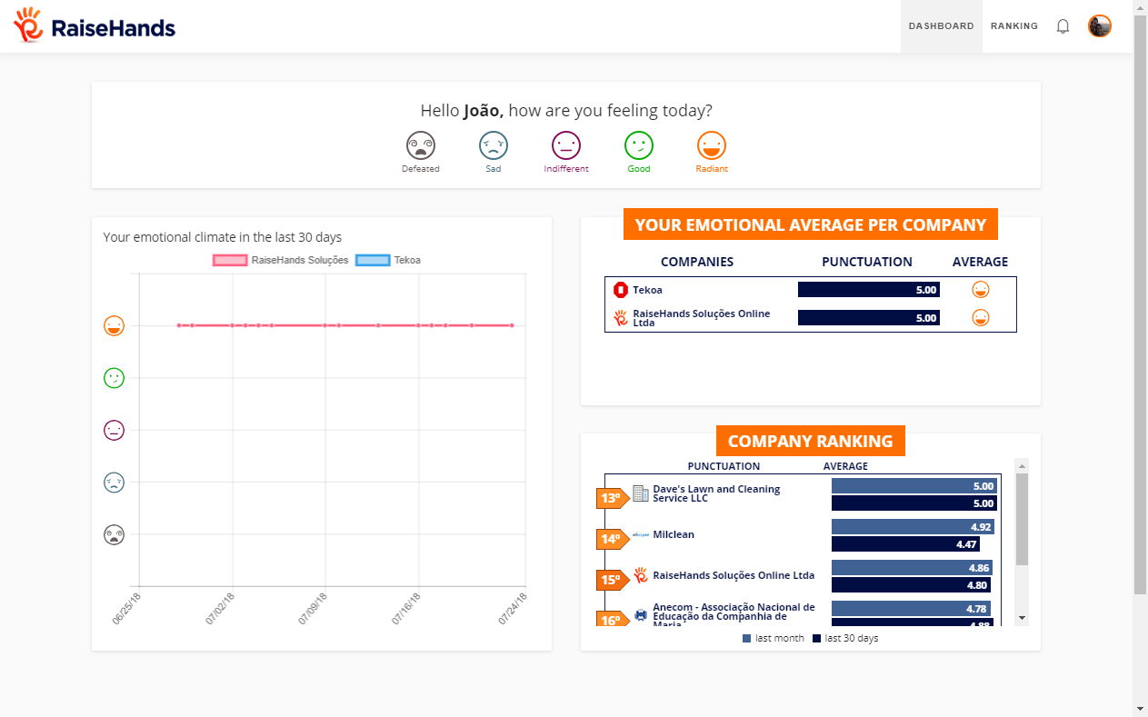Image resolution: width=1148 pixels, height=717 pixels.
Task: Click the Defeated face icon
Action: tap(420, 145)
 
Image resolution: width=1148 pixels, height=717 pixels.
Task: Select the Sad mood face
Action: tap(493, 145)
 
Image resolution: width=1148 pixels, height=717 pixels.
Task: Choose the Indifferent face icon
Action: tap(565, 145)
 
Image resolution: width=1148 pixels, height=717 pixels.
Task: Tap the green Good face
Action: tap(638, 145)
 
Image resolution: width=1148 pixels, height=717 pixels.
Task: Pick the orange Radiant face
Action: tap(711, 145)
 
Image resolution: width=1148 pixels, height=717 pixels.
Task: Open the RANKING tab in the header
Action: tap(1013, 26)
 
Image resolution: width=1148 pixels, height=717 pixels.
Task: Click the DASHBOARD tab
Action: tap(941, 26)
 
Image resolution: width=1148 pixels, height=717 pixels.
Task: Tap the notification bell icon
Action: tap(1063, 26)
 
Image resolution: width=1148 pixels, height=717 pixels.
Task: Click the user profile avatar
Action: tap(1099, 26)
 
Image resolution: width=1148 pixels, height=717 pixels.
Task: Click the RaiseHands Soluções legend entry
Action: tap(281, 260)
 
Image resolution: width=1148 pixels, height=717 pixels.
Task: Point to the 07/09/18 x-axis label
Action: tap(314, 608)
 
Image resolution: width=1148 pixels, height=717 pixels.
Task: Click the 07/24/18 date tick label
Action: tap(513, 608)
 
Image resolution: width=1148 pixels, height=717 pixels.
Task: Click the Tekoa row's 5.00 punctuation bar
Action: tap(868, 290)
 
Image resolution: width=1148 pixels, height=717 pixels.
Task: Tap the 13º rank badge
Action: tap(611, 498)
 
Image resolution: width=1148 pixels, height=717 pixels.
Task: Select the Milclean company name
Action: tap(673, 534)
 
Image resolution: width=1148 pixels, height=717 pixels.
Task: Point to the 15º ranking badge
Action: tap(611, 580)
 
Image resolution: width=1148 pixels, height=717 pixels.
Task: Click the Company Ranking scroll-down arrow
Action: tap(1022, 618)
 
